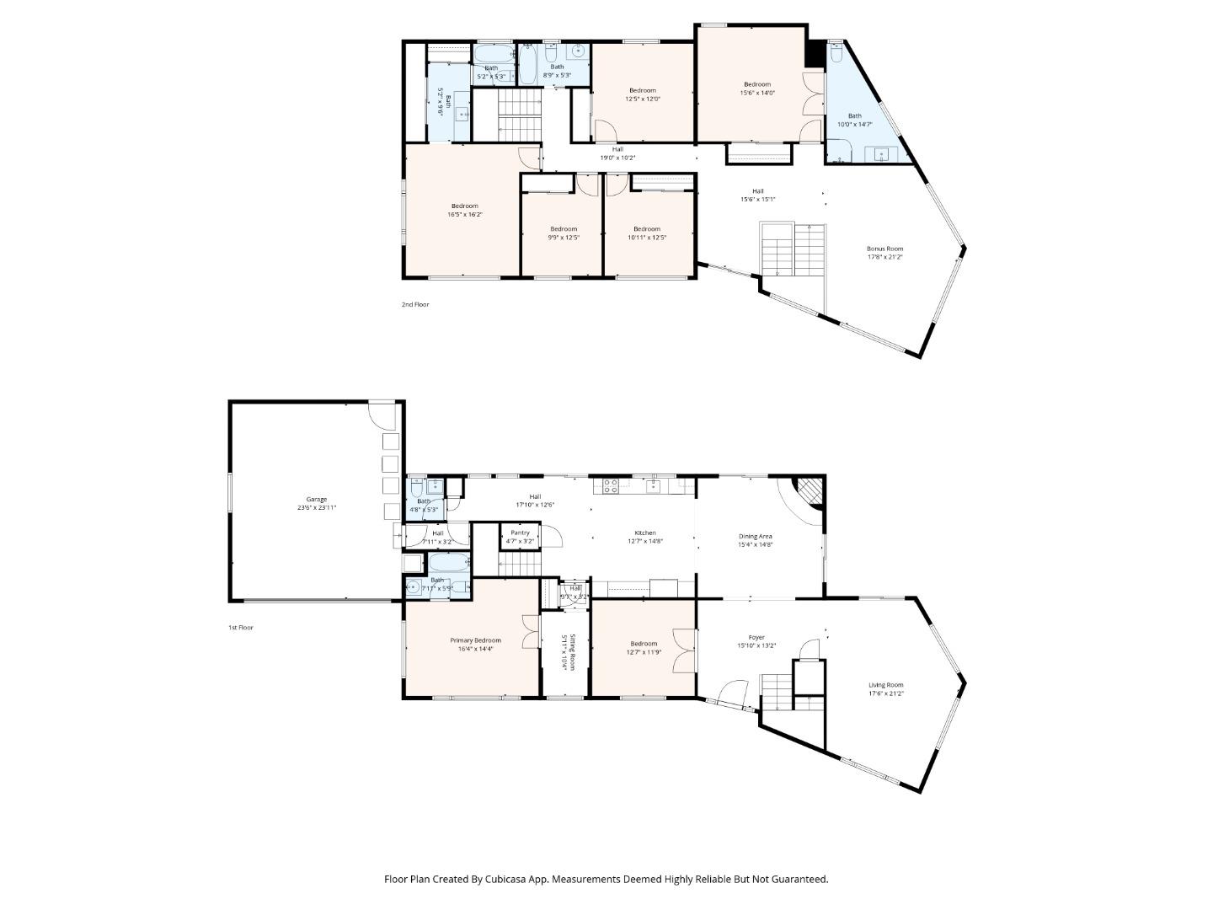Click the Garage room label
tap(317, 500)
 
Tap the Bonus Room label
tap(884, 249)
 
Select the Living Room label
tap(885, 685)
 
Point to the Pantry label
tap(520, 533)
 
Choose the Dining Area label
tap(755, 536)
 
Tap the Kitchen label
tap(644, 533)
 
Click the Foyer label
tap(756, 637)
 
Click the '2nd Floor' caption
tap(415, 304)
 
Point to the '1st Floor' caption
tap(241, 628)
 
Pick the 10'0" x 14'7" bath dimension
tap(854, 125)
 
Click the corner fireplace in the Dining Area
tap(810, 491)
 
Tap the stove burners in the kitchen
tap(610, 485)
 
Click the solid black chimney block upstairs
tap(815, 54)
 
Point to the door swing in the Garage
tap(383, 415)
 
